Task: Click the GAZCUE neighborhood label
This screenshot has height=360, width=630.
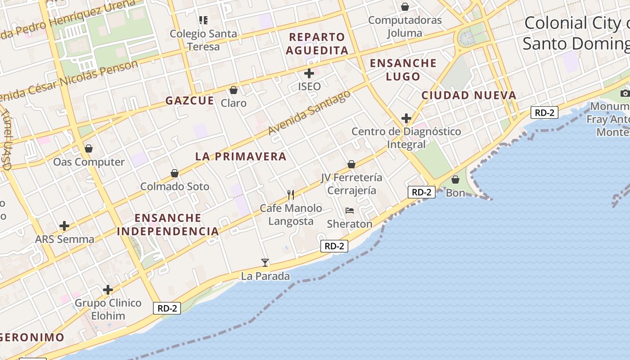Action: coord(189,100)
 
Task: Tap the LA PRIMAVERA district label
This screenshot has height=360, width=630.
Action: coord(241,157)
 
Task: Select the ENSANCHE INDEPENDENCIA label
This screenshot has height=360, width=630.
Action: coord(168,225)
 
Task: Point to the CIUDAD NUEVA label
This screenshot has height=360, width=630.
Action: coord(468,95)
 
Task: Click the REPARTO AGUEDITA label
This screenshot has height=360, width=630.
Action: coord(317,44)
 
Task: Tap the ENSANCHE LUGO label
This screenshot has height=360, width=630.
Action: coord(403,70)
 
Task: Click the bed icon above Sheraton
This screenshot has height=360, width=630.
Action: coord(350,211)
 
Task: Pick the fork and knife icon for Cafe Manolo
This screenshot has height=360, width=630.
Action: coord(291,194)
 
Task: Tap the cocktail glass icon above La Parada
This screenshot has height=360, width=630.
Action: coord(265,263)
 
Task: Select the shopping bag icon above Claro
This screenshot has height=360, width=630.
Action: coord(234,90)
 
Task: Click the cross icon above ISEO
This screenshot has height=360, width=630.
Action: coord(309,73)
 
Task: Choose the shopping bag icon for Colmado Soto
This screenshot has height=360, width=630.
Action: coord(175,173)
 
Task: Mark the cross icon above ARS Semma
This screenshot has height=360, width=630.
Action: coord(64,226)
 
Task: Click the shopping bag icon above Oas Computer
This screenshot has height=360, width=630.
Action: coord(89,148)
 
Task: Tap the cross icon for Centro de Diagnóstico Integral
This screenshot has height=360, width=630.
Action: coord(406,118)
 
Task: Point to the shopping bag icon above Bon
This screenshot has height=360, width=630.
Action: coord(455,180)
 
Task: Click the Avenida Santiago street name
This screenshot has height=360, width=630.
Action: coord(309,112)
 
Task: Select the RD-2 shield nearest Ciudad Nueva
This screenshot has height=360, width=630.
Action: coord(544,112)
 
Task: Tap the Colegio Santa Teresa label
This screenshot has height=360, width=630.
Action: coord(203,40)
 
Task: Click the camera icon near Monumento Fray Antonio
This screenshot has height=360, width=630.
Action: coord(625,93)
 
